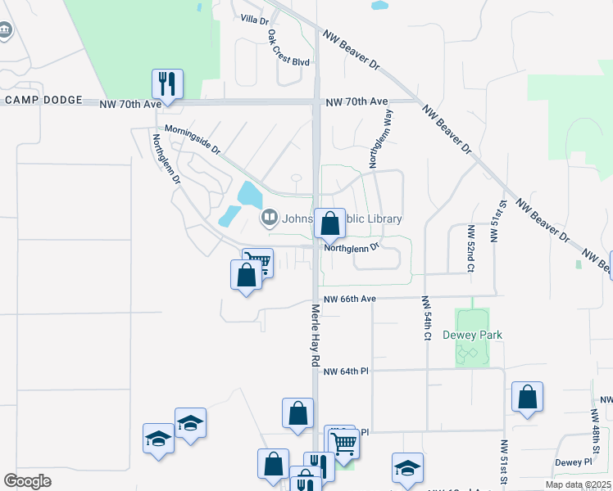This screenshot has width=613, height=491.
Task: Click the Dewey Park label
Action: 472,335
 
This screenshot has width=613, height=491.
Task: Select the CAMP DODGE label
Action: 44,101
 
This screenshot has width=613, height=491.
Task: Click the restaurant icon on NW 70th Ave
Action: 167,83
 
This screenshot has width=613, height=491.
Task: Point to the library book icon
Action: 268,218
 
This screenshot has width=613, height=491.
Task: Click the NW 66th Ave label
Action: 349,300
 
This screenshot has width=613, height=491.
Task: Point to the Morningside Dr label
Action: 193,139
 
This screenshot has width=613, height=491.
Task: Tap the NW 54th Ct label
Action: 427,318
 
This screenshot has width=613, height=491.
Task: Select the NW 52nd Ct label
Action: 470,249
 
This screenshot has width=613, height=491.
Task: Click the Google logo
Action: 28,480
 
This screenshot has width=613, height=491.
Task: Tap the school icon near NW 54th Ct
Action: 407,468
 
